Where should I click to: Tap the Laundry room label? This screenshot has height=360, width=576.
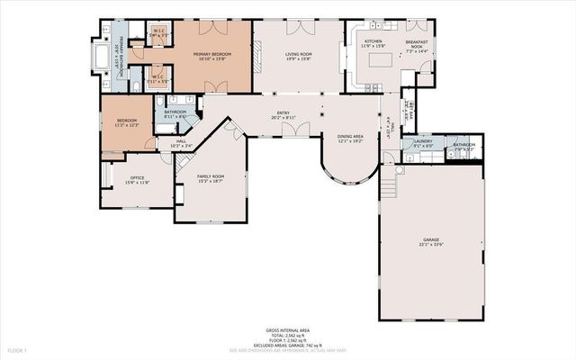click(423, 141)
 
